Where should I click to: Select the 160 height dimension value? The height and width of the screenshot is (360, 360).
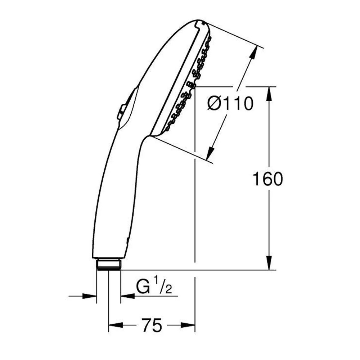pyautogui.click(x=267, y=179)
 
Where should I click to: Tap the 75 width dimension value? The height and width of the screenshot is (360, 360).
pyautogui.click(x=151, y=326)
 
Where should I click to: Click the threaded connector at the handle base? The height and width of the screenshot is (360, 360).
pyautogui.click(x=109, y=264)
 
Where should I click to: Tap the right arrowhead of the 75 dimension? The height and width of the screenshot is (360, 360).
pyautogui.click(x=189, y=326)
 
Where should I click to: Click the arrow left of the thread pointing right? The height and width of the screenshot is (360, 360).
pyautogui.click(x=90, y=296)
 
